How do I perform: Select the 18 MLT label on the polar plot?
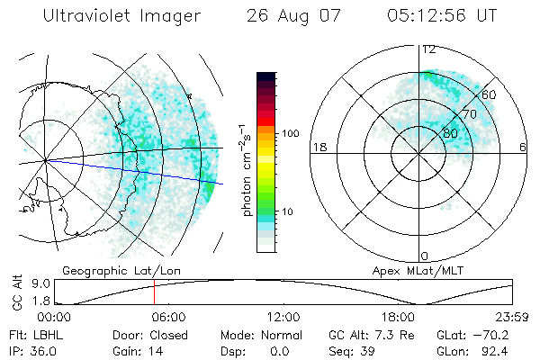coord(318,147)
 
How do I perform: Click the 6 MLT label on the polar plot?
coord(523,147)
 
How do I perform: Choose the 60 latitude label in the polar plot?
coord(490,94)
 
